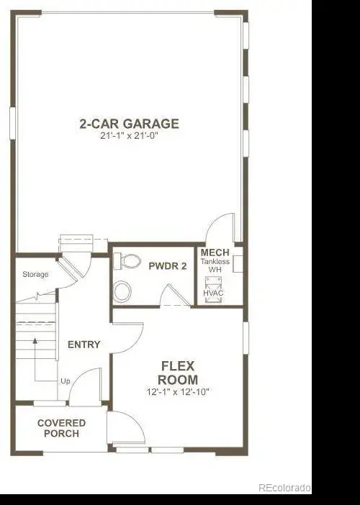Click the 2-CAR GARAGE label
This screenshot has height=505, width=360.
coord(129,124)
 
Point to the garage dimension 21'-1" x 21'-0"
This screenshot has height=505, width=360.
coord(129,135)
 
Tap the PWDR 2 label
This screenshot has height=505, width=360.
coord(168,266)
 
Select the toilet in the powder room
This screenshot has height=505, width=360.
coord(127,261)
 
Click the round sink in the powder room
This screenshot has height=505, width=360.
coord(122,291)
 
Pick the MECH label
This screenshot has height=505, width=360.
coord(215,252)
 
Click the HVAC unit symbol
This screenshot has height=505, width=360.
coord(213,289)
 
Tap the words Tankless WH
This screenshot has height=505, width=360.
coord(215,265)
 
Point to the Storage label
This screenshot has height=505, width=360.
coord(35,274)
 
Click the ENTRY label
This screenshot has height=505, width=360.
coord(84,345)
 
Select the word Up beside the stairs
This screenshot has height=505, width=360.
coord(66,381)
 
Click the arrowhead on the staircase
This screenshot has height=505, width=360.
coord(35,341)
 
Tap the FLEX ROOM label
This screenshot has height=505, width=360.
coord(178,373)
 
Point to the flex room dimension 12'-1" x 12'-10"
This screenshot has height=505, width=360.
coord(178,392)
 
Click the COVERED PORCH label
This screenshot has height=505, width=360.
coord(61,428)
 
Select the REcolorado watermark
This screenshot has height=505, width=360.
coord(284,488)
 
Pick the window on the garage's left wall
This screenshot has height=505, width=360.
coord(12,123)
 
